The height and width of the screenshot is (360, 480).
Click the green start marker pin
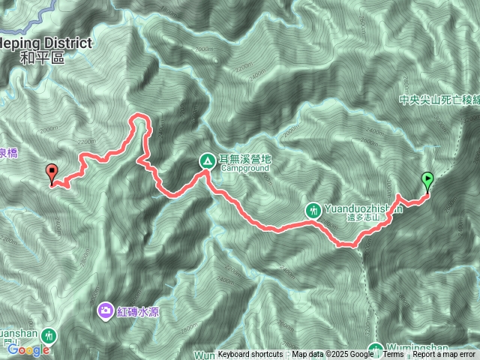pos(428,180)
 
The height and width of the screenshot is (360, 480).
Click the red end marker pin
pos(52,172)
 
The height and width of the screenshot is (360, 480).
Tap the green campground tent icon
pos(206,160)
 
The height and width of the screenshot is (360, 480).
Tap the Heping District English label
pos(45,43)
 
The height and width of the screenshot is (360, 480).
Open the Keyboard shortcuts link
pos(250,355)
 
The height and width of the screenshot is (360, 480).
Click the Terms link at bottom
pos(393,355)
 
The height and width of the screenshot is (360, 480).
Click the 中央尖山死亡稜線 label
pos(438,97)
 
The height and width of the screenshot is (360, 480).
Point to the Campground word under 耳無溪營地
pos(239,169)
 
